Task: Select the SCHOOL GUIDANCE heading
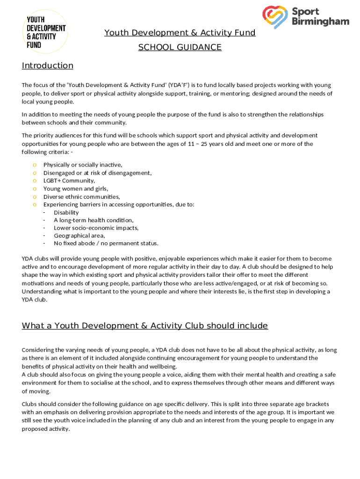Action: [180, 47]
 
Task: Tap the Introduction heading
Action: [47, 65]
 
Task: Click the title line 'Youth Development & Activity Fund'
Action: [180, 33]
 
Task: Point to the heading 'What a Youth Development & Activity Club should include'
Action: [144, 326]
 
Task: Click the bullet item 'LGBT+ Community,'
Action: [69, 181]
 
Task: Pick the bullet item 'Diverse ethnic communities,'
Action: [81, 196]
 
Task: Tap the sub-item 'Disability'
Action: [66, 212]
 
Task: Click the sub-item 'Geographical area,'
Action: [79, 236]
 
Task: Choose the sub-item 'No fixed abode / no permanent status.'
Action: [106, 243]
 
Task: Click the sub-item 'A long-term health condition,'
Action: [94, 220]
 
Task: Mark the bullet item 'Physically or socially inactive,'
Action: [83, 165]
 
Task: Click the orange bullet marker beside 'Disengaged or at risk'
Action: [35, 173]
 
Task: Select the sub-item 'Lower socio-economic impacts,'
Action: [96, 228]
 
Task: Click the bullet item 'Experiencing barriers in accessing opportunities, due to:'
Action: [119, 204]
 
